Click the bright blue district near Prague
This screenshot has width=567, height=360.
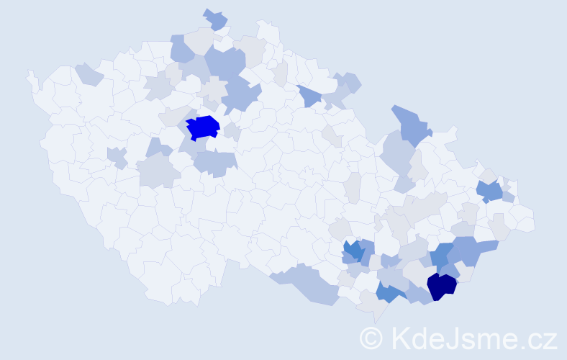tap(203, 127)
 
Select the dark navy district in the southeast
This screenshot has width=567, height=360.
tap(441, 286)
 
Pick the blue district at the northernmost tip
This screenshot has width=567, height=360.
tap(215, 19)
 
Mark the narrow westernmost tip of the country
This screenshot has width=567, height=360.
tap(30, 76)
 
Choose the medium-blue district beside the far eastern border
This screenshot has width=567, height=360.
tap(490, 191)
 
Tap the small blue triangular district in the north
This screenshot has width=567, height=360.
tap(308, 96)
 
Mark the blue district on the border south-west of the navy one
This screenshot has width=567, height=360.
tap(389, 292)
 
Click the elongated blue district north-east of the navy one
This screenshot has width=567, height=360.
tap(471, 249)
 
